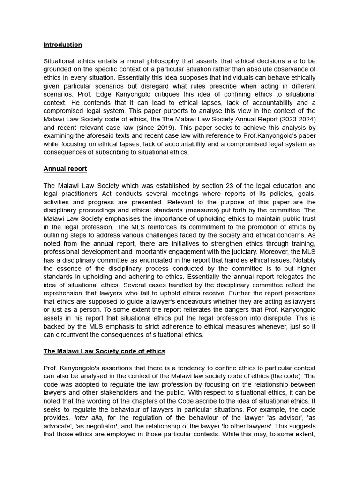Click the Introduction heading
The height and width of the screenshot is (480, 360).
(62, 45)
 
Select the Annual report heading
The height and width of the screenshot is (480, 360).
(65, 169)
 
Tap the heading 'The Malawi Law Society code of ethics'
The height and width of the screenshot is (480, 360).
(104, 351)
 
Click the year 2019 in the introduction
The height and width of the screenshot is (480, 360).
(167, 128)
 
